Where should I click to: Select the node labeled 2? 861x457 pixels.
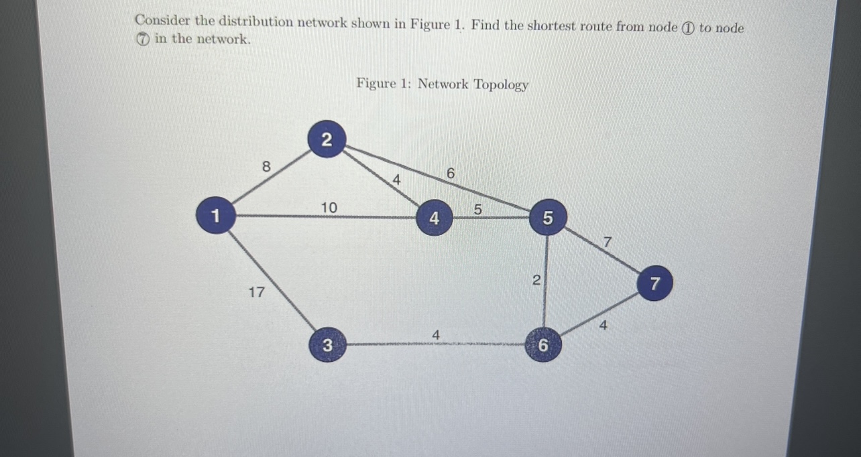coord(326,140)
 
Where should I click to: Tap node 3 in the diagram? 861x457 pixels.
coord(327,346)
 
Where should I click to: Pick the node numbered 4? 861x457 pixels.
coord(435,218)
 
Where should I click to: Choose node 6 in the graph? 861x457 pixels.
coord(543,346)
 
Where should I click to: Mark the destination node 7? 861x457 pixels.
coord(655,284)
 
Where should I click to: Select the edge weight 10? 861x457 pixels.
coord(328,208)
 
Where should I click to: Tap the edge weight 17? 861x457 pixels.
coord(256,292)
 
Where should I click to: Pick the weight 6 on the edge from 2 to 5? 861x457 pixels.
coord(451,174)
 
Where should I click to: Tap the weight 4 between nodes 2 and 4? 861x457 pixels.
coord(396,180)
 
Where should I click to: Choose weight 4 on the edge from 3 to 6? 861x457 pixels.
coord(436,334)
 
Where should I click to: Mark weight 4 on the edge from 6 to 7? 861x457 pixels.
coord(604,326)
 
